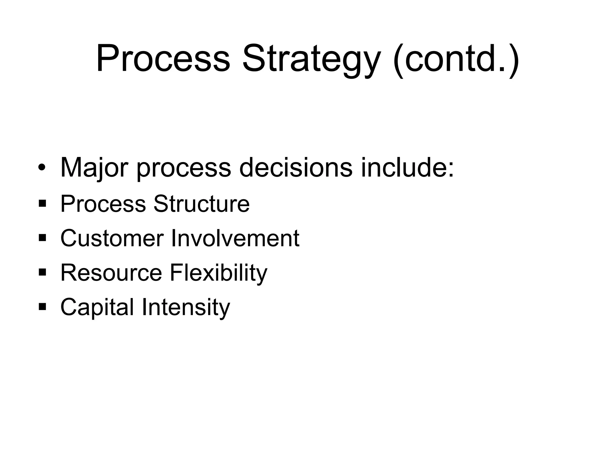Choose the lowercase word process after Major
coord(184,168)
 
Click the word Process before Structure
coord(103,204)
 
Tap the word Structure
coord(201,204)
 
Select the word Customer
coord(112,238)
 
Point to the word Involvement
coord(235,238)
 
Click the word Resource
coord(111,273)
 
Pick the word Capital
coord(97,307)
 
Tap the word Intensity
coord(186,307)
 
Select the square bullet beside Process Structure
coord(42,204)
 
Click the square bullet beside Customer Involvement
coord(42,238)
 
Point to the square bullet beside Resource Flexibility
coord(42,273)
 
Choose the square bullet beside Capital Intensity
coord(42,307)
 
